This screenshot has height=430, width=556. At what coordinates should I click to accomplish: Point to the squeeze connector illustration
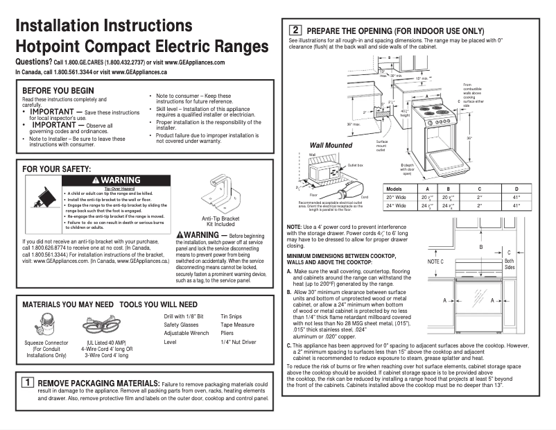pos(46,325)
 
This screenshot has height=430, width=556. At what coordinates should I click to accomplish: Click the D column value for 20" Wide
pos(515,198)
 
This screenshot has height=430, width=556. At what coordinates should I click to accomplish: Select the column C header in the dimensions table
pos(479,189)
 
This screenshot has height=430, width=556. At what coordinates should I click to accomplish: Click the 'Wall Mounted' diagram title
pos(331,146)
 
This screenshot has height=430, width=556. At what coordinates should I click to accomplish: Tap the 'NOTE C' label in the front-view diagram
pos(435,261)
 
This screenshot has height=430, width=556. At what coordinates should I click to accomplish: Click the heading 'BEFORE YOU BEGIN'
pos(58,91)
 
